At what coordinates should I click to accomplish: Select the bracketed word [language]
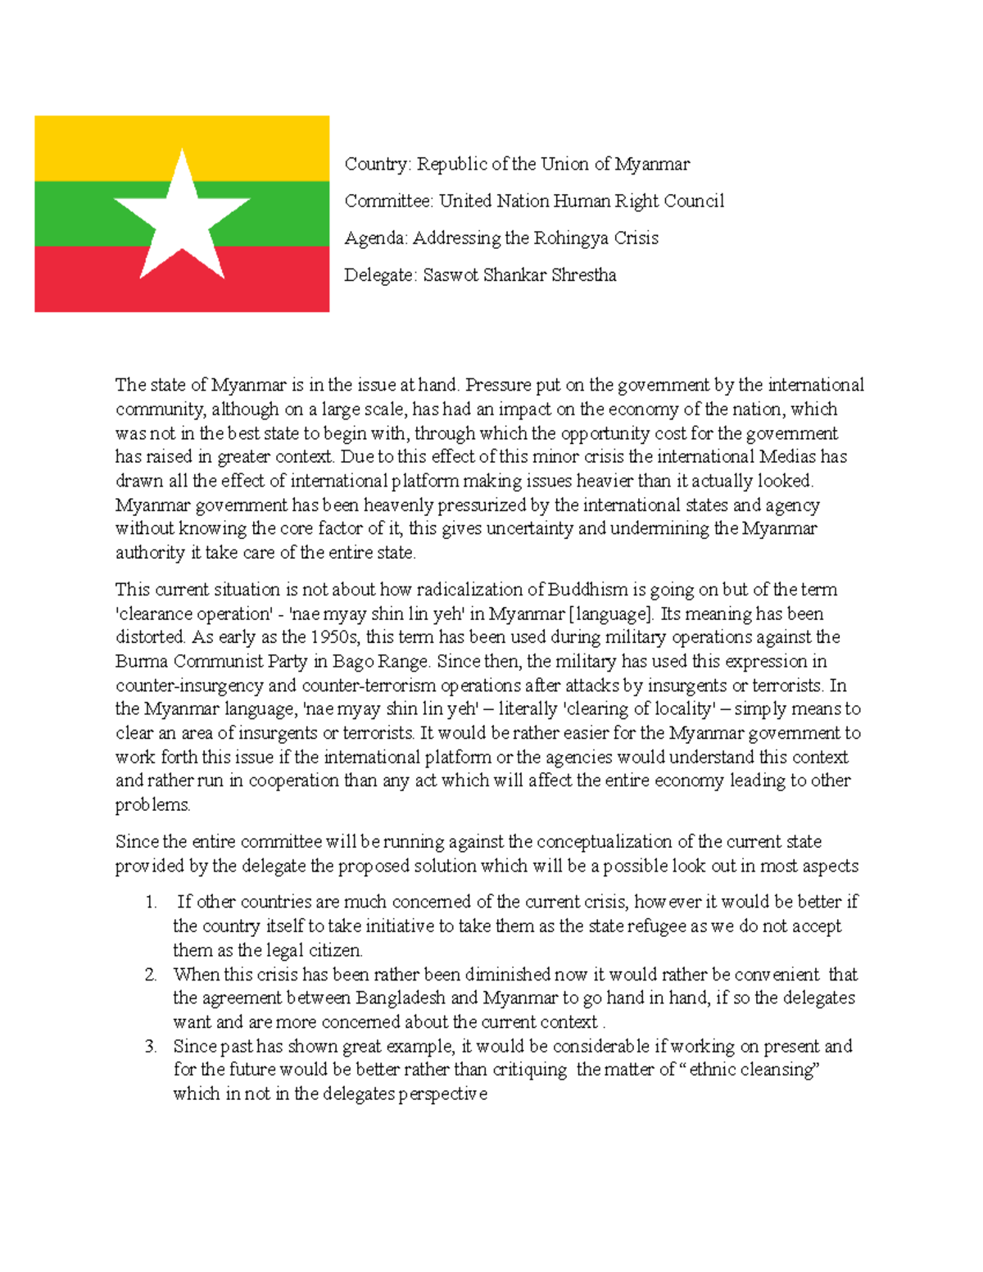point(610,613)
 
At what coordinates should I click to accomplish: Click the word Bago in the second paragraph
point(351,661)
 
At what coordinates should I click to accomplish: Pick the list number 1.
point(150,903)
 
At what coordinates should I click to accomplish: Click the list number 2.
point(150,975)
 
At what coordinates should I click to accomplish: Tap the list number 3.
point(150,1047)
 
